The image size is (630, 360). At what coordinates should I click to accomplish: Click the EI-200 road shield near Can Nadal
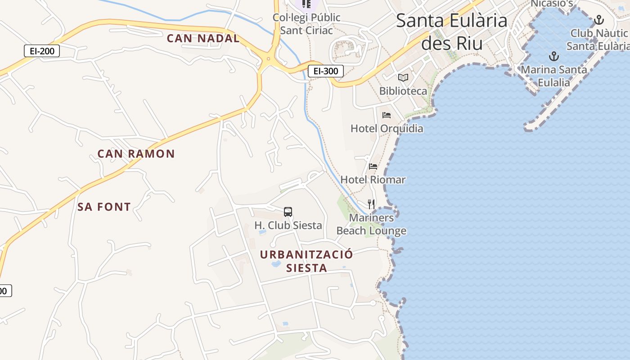(x=42, y=51)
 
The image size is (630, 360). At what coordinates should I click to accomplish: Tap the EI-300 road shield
(x=326, y=71)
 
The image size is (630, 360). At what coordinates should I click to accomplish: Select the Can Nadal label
(x=203, y=38)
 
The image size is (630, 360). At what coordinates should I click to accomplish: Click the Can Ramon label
(x=136, y=154)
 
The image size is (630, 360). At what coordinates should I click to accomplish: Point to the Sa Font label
(x=104, y=207)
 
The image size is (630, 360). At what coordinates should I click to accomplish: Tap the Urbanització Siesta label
(x=306, y=261)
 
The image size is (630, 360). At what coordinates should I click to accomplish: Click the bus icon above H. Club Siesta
(x=288, y=212)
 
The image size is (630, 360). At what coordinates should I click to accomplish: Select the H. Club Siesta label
(x=288, y=225)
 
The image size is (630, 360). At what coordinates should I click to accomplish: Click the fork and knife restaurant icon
(x=371, y=204)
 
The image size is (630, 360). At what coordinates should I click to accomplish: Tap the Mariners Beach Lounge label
(x=371, y=224)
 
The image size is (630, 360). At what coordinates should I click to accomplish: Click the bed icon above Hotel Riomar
(x=373, y=166)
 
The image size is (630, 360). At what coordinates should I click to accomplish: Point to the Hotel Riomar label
(x=373, y=180)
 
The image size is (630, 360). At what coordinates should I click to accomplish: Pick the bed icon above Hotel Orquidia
(x=387, y=115)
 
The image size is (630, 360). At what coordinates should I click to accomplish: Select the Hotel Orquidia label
(x=387, y=129)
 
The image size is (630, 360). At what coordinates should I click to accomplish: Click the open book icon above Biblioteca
(x=403, y=77)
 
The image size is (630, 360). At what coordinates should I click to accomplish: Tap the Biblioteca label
(x=403, y=91)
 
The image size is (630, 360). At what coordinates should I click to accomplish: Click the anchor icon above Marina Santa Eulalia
(x=553, y=57)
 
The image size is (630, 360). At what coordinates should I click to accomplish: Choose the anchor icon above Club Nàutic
(x=598, y=20)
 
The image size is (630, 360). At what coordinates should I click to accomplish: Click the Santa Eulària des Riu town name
(x=452, y=31)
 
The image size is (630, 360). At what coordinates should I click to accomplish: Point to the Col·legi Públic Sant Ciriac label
(x=306, y=24)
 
